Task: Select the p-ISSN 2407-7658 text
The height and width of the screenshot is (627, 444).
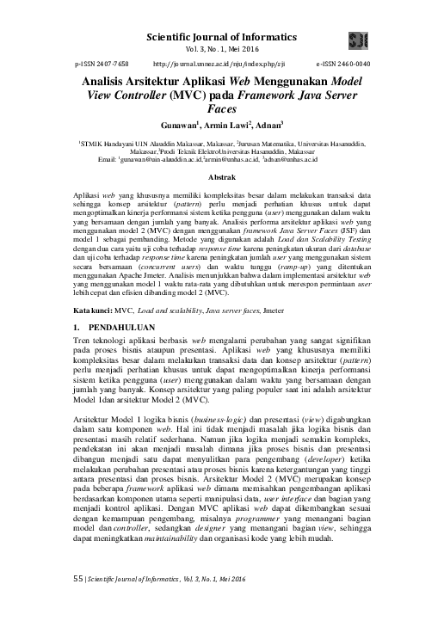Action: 102,65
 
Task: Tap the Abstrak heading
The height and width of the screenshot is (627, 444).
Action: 223,176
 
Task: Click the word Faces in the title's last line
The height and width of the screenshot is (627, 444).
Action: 222,109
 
